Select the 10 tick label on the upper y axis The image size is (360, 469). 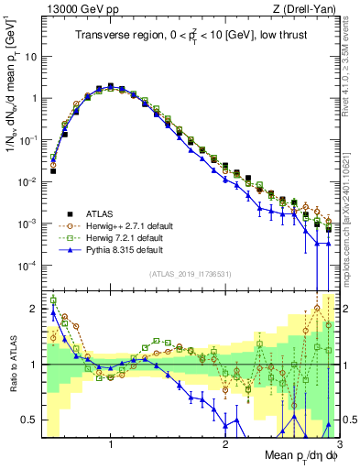click(32, 57)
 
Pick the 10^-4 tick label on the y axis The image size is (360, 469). click(29, 266)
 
